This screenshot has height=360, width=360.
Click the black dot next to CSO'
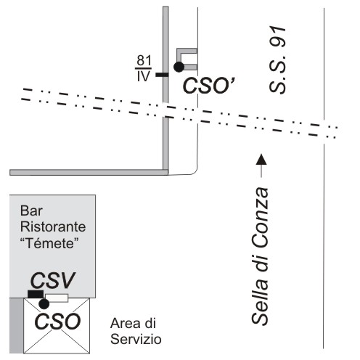pyautogui.click(x=179, y=67)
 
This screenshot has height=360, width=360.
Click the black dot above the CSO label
pyautogui.click(x=44, y=304)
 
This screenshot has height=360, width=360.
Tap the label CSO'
pyautogui.click(x=208, y=86)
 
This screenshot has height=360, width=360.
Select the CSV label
pyautogui.click(x=53, y=280)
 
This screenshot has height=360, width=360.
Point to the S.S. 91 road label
pyautogui.click(x=278, y=60)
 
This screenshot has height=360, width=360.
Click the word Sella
pyautogui.click(x=260, y=302)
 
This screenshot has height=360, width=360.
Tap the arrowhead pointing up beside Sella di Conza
pyautogui.click(x=261, y=159)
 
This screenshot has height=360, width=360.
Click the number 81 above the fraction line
pyautogui.click(x=144, y=60)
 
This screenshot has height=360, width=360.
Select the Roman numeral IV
pyautogui.click(x=144, y=76)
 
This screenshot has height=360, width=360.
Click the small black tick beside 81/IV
pyautogui.click(x=162, y=75)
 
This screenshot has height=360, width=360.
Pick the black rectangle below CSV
pyautogui.click(x=36, y=294)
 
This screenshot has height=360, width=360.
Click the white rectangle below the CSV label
pyautogui.click(x=57, y=298)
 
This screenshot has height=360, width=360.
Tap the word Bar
pyautogui.click(x=31, y=210)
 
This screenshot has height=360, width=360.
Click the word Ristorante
pyautogui.click(x=53, y=227)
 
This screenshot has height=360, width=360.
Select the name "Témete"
pyautogui.click(x=49, y=243)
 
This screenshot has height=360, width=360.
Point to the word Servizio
pyautogui.click(x=136, y=339)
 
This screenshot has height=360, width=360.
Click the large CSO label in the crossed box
pyautogui.click(x=57, y=322)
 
